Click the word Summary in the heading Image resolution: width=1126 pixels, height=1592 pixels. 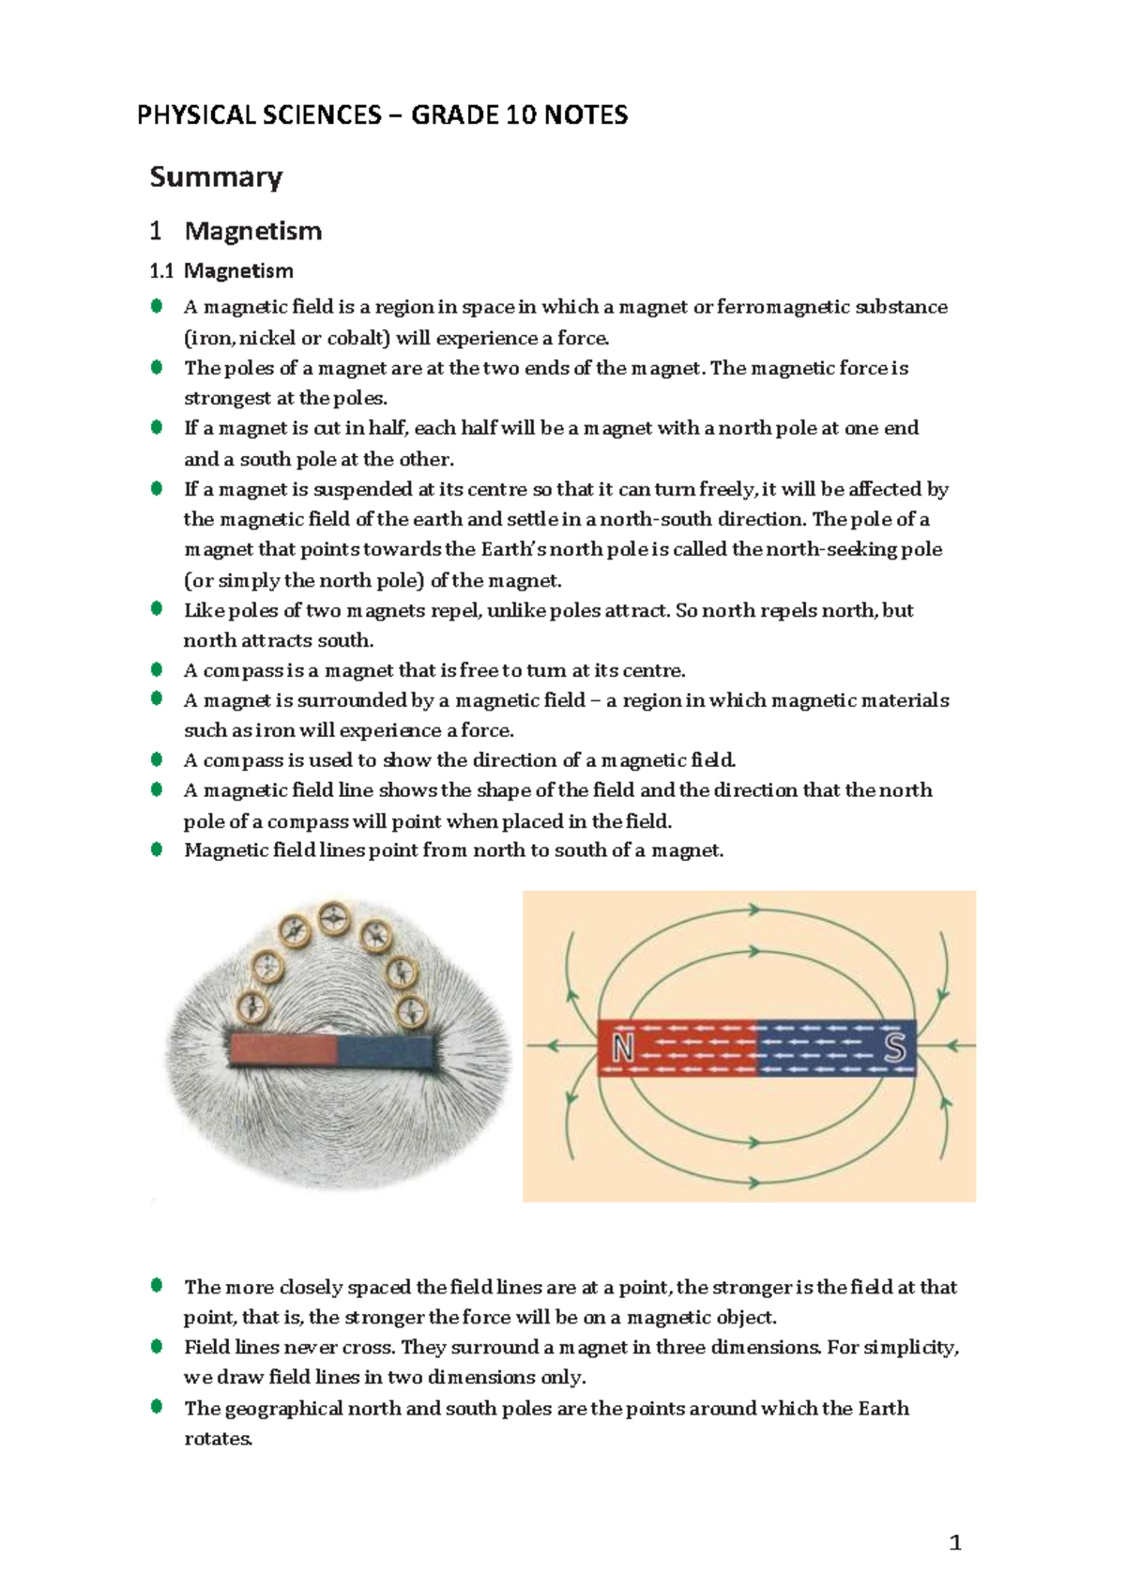(216, 176)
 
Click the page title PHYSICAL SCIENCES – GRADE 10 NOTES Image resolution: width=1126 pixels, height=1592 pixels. (382, 115)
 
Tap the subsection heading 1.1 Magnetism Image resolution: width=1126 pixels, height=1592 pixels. (221, 271)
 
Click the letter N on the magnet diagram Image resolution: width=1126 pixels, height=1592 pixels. (623, 1048)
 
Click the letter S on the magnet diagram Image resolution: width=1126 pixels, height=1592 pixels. (894, 1047)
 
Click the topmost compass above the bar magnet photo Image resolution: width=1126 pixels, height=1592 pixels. (334, 919)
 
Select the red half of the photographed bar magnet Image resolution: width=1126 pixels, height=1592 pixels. (282, 1049)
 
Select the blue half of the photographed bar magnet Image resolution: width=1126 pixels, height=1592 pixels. (387, 1050)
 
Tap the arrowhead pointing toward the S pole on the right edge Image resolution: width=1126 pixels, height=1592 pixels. (953, 1045)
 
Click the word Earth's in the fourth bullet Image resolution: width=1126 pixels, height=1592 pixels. (514, 549)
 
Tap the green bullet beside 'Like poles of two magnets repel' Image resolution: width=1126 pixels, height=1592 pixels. (157, 608)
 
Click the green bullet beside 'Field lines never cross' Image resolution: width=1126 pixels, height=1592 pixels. (157, 1346)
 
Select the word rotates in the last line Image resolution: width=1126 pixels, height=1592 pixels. (218, 1438)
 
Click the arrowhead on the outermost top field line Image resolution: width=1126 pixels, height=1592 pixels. (753, 909)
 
